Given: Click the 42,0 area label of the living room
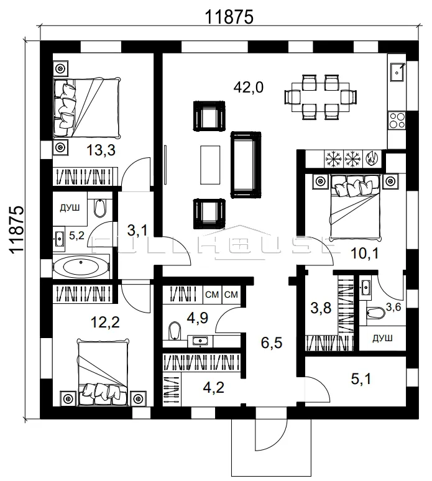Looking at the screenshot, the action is point(248,88).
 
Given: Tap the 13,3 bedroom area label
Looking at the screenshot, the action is point(101,150).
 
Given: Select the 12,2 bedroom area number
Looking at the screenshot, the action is point(105,323).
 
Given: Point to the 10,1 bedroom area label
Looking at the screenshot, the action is point(364,254).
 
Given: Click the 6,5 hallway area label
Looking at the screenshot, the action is point(272,343).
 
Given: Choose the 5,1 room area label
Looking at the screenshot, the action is point(361,379).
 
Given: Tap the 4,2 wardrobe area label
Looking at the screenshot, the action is point(214,388).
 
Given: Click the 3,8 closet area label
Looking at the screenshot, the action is point(321,308).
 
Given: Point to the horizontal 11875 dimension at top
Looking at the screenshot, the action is point(229,17).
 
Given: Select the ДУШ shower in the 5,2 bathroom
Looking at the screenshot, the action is point(70,208).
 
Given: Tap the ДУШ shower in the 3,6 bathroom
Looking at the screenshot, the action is point(383,338).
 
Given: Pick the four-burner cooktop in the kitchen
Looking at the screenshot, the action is point(397,121).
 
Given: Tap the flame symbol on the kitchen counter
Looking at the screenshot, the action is point(372,159).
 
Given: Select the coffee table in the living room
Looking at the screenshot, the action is point(210,165).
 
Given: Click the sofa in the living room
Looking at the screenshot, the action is point(246,165).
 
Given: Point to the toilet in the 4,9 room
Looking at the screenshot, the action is point(174,331).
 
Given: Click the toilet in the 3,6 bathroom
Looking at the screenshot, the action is point(376,313).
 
